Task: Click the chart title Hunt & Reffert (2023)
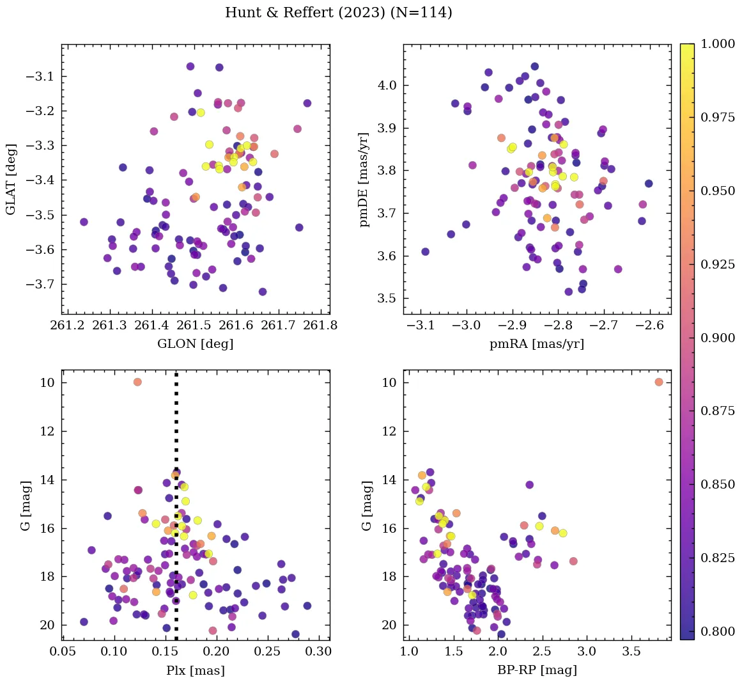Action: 338,13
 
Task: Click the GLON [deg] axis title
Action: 196,344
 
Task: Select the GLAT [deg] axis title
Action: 11,179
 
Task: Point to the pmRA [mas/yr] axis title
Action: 537,344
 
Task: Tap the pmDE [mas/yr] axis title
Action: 365,179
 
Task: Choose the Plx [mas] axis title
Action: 196,670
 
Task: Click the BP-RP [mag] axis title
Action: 537,670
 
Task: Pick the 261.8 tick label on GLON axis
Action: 320,326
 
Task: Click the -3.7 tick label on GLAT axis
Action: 40,284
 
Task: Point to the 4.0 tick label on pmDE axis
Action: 388,86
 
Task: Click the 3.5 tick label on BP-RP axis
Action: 631,652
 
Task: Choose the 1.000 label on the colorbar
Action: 717,44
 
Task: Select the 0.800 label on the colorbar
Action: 717,632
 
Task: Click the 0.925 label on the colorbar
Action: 717,265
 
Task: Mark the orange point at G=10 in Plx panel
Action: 137,382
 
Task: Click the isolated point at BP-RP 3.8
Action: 659,382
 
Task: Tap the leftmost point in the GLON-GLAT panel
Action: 84,222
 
